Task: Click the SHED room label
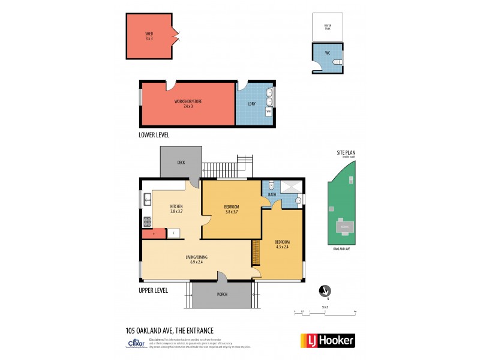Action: [x=149, y=34]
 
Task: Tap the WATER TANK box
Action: [x=328, y=26]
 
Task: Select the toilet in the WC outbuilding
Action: [x=338, y=61]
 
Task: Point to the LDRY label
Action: [x=251, y=104]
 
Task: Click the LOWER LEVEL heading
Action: [x=154, y=136]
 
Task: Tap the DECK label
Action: [x=181, y=163]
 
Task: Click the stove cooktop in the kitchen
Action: [x=146, y=220]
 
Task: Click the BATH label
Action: [x=271, y=194]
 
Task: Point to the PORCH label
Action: [x=223, y=295]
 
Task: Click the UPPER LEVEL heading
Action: [x=154, y=290]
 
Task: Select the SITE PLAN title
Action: [x=346, y=154]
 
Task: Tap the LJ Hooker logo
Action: [x=327, y=340]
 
